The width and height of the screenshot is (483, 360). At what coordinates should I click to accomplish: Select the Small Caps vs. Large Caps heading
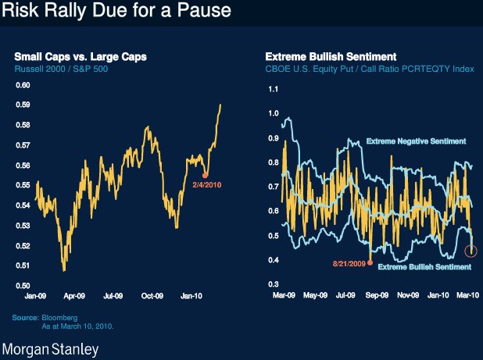80,56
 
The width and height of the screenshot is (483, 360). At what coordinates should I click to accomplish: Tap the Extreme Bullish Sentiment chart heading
331,56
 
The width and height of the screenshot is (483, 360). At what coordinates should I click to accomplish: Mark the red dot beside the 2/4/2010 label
205,174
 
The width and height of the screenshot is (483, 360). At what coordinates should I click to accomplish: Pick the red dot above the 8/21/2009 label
370,263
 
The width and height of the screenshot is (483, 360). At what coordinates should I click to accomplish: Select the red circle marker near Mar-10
471,251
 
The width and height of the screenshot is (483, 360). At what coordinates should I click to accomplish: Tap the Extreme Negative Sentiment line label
416,141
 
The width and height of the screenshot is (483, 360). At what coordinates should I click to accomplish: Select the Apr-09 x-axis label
73,297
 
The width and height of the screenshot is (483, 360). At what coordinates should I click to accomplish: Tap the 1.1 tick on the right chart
273,88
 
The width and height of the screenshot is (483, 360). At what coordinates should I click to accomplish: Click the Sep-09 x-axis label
377,297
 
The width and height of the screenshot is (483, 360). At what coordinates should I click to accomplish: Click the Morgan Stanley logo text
52,349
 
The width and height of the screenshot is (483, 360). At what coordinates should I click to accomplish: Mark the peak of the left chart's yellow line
220,105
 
